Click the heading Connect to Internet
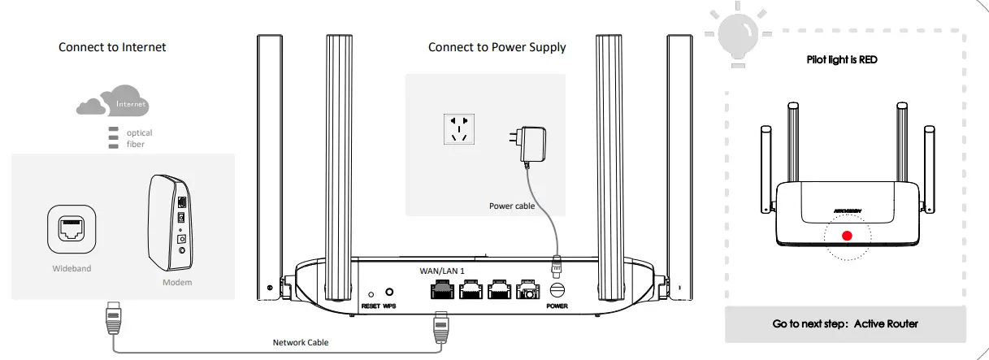pyautogui.click(x=112, y=47)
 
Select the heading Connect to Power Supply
pyautogui.click(x=497, y=47)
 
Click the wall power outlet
pyautogui.click(x=459, y=128)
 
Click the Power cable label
pyautogui.click(x=512, y=206)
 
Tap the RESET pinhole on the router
pyautogui.click(x=371, y=293)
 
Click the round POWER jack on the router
pyautogui.click(x=557, y=290)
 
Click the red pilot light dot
pyautogui.click(x=846, y=236)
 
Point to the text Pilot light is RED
pyautogui.click(x=841, y=59)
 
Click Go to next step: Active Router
pyautogui.click(x=845, y=323)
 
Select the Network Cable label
pyautogui.click(x=301, y=342)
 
